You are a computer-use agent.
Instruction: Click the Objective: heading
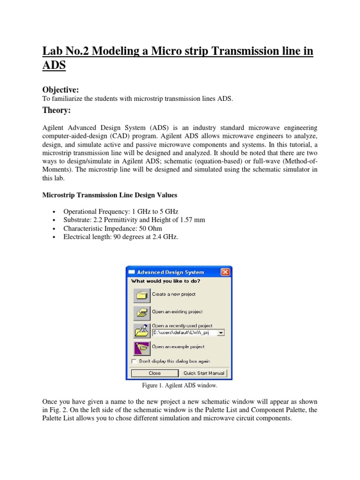pyautogui.click(x=60, y=90)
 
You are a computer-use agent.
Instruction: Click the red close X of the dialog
pyautogui.click(x=225, y=272)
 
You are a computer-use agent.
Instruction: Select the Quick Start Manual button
pyautogui.click(x=204, y=373)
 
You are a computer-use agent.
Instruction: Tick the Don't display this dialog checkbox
pyautogui.click(x=134, y=361)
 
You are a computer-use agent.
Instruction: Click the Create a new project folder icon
pyautogui.click(x=142, y=295)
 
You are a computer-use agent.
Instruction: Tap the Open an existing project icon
pyautogui.click(x=142, y=312)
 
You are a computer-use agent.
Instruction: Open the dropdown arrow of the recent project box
pyautogui.click(x=221, y=332)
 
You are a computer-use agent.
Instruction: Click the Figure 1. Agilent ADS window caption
pyautogui.click(x=180, y=386)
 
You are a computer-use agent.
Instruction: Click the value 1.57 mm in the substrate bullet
pyautogui.click(x=193, y=220)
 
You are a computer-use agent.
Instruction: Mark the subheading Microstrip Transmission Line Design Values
pyautogui.click(x=110, y=195)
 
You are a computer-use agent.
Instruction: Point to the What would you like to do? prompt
pyautogui.click(x=165, y=281)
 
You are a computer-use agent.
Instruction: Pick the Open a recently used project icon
pyautogui.click(x=142, y=330)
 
